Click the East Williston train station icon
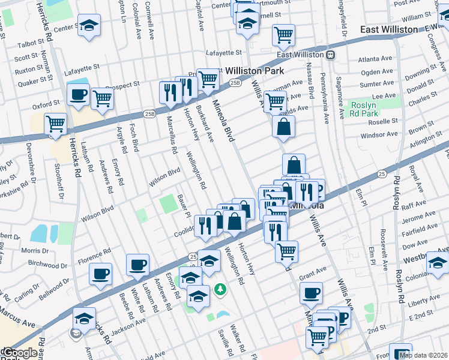(330, 55)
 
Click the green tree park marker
(221, 290)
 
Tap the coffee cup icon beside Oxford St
(78, 94)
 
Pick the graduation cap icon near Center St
(89, 25)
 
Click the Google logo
(19, 353)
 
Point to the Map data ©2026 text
(423, 355)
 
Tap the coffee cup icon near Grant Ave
(311, 293)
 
